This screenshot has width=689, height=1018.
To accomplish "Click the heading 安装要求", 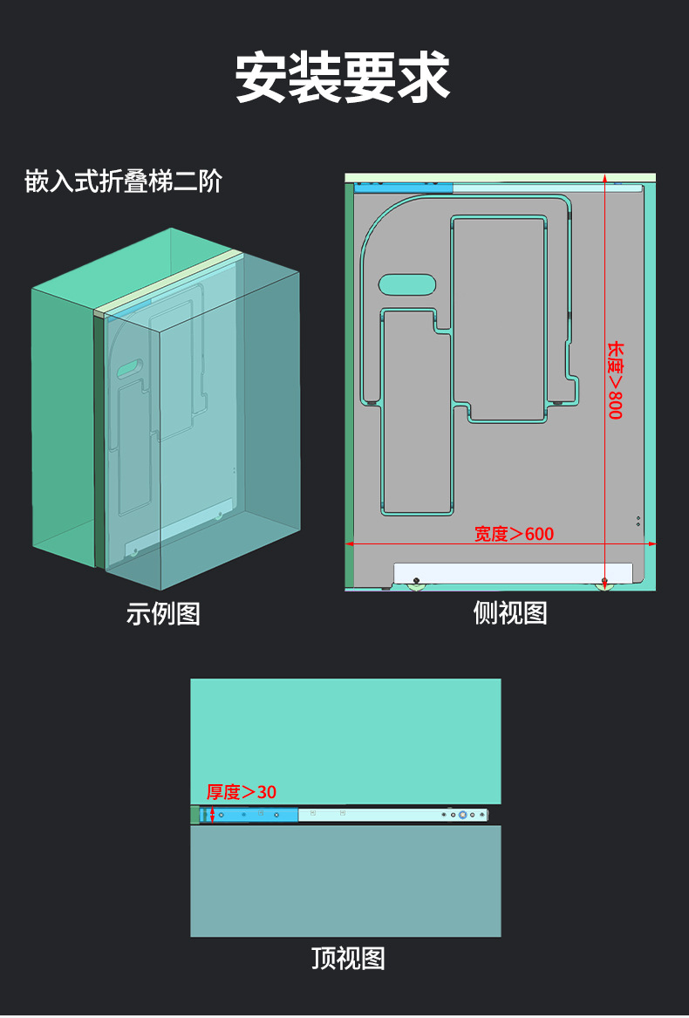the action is pyautogui.click(x=343, y=78).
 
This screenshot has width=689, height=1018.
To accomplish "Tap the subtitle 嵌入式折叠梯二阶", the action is pyautogui.click(x=123, y=181).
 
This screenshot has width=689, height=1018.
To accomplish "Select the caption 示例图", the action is pyautogui.click(x=163, y=613).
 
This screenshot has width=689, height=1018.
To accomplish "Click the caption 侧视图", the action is pyautogui.click(x=510, y=612).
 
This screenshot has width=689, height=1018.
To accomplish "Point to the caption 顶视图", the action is pyautogui.click(x=348, y=958).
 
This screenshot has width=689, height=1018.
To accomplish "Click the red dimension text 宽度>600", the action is pyautogui.click(x=514, y=533).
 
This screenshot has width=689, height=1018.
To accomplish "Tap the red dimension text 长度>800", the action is pyautogui.click(x=616, y=379).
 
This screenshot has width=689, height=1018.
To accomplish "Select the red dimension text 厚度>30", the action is pyautogui.click(x=241, y=791).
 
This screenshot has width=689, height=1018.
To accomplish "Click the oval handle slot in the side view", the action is pyautogui.click(x=406, y=284).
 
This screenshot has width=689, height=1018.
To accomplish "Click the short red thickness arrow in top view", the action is pyautogui.click(x=212, y=815).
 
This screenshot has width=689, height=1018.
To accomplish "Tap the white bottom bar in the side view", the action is pyautogui.click(x=512, y=572).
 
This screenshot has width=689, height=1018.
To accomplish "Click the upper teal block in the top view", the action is pyautogui.click(x=345, y=741).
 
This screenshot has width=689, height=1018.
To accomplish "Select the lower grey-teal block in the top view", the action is pyautogui.click(x=345, y=881).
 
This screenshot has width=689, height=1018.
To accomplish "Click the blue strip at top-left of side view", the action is pyautogui.click(x=404, y=186).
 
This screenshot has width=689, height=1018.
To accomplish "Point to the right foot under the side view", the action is pyautogui.click(x=604, y=584).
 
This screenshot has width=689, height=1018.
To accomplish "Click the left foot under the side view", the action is pyautogui.click(x=416, y=584).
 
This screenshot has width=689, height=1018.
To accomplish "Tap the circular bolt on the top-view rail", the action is pyautogui.click(x=462, y=815).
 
